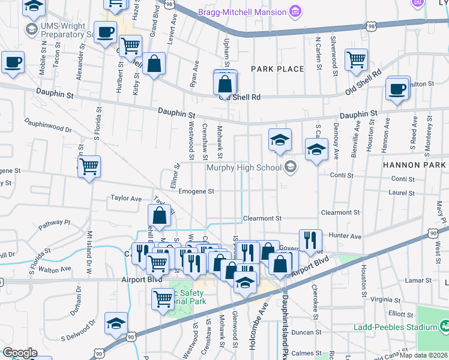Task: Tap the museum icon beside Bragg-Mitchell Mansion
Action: pos(294,11)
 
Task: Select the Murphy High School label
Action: pos(244,167)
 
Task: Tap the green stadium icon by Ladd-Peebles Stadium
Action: pos(444,326)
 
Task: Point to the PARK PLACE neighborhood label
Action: pos(277,69)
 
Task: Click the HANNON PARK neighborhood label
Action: pos(414,164)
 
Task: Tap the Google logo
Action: pos(20,353)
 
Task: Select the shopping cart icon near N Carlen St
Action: pos(356,60)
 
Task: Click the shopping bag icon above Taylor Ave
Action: pos(159,216)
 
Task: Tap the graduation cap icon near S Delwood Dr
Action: pos(116,323)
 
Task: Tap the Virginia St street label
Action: pos(385,299)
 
